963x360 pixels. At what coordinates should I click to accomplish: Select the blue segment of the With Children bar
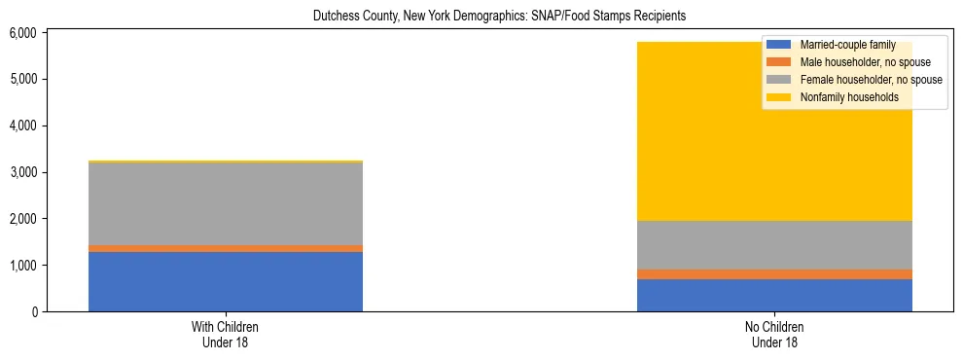(x=226, y=282)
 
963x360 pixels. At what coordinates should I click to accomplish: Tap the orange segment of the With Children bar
(x=226, y=249)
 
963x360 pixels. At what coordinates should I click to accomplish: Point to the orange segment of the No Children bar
(x=774, y=274)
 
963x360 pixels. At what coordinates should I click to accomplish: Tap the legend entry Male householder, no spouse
(x=851, y=62)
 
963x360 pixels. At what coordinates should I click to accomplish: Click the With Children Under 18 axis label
(x=226, y=335)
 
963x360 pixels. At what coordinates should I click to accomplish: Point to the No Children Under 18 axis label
(x=774, y=335)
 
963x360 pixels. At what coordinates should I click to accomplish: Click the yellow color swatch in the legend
(x=779, y=97)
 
